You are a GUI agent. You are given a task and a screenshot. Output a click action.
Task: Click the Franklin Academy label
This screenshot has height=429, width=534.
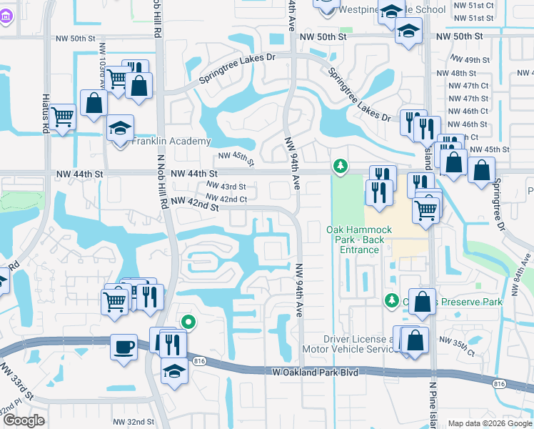[x=171, y=142]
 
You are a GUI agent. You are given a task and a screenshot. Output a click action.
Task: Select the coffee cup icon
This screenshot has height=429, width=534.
[x=124, y=348]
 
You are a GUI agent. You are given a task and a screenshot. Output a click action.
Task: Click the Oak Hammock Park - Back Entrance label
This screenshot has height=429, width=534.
[x=359, y=240]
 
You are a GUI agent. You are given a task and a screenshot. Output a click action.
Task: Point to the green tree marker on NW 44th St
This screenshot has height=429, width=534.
[x=341, y=167]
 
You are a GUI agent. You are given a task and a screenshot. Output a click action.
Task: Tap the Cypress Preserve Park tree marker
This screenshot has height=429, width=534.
[x=391, y=300]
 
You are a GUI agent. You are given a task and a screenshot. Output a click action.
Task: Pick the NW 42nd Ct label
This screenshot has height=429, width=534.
[x=226, y=199]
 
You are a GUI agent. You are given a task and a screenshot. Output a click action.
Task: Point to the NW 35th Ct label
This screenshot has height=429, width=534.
[x=457, y=345]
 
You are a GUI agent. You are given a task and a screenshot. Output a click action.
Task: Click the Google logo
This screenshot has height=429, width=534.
[x=23, y=420]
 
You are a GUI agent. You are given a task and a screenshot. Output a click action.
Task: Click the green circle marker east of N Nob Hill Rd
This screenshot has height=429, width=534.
[x=188, y=322]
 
